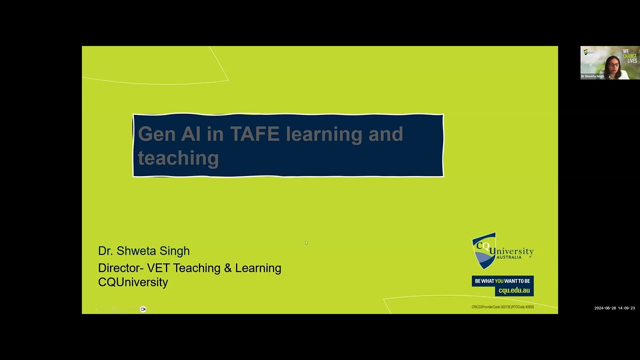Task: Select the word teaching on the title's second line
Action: pyautogui.click(x=178, y=158)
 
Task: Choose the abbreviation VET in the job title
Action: pyautogui.click(x=158, y=268)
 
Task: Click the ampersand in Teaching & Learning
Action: pyautogui.click(x=227, y=268)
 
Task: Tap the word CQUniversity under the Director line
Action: pyautogui.click(x=133, y=282)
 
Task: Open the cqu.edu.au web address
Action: pyautogui.click(x=513, y=290)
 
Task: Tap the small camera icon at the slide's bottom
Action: pyautogui.click(x=143, y=309)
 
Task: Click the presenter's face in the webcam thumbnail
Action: pyautogui.click(x=614, y=64)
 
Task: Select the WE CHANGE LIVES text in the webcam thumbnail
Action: pyautogui.click(x=630, y=55)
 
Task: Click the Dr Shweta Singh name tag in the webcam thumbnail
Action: pyautogui.click(x=592, y=76)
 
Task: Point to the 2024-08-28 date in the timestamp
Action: pyautogui.click(x=604, y=308)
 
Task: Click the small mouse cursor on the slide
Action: pyautogui.click(x=306, y=243)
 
